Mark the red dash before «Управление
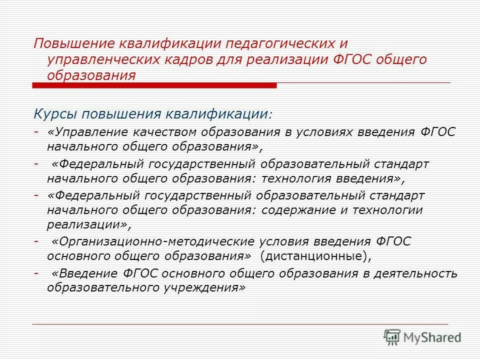(36, 132)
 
